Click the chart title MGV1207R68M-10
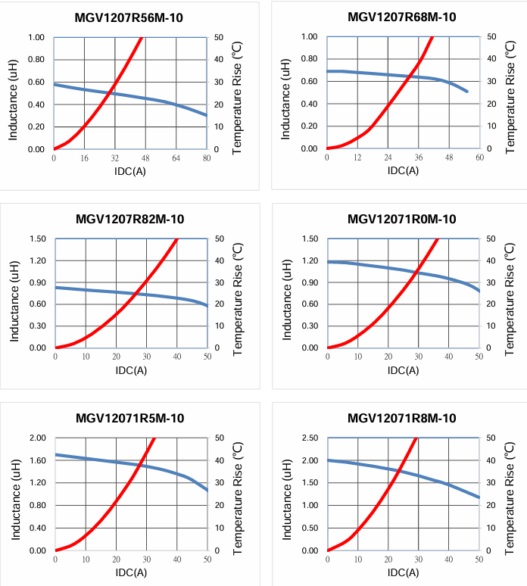[402, 17]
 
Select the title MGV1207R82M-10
[129, 220]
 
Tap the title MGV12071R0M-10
[402, 220]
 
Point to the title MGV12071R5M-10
[129, 419]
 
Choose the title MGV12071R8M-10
[402, 419]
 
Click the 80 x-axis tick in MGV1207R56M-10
[207, 159]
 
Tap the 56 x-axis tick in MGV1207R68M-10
[479, 158]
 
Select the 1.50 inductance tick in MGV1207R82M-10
[36, 239]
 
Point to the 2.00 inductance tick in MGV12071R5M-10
[36, 438]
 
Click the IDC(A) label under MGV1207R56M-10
[130, 171]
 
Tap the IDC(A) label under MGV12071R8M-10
[403, 572]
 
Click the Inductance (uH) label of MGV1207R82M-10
[14, 294]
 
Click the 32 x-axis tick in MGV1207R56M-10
[115, 159]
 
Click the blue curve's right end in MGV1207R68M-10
[467, 92]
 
